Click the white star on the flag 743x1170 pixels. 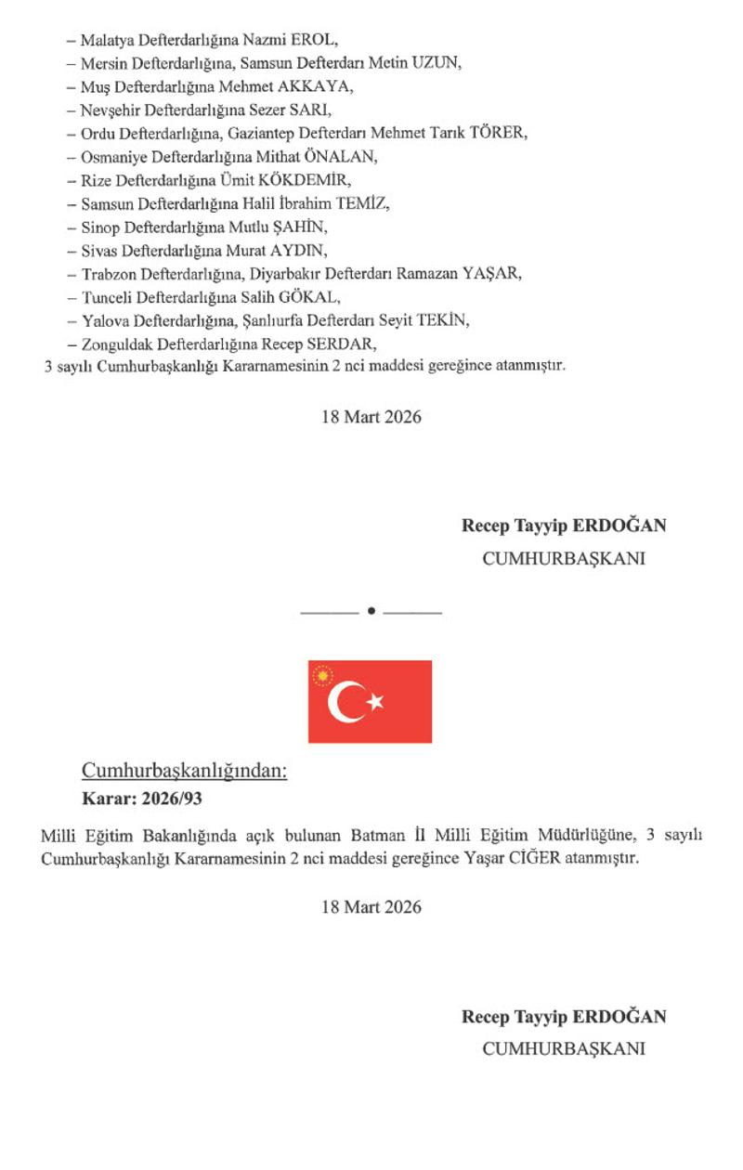[375, 702]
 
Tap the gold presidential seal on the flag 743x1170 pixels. [323, 676]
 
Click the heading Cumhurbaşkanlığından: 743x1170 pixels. [185, 771]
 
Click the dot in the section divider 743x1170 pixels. [371, 611]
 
